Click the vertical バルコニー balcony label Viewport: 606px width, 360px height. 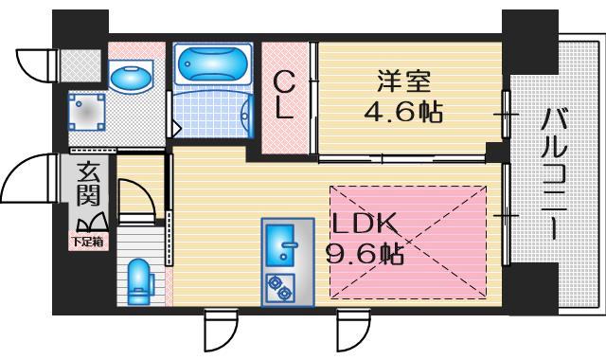554,175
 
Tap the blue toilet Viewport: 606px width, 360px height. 139,279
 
